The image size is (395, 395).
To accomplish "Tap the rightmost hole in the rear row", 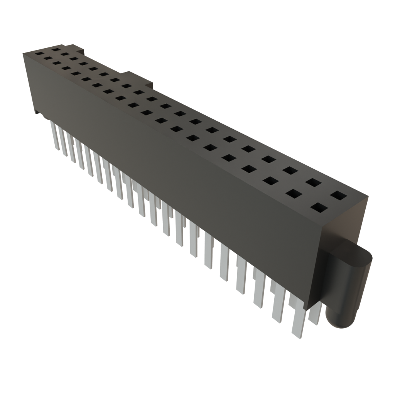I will (x=338, y=196).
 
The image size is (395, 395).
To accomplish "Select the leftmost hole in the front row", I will (x=39, y=54).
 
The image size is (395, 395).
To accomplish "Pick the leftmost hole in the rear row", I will (x=56, y=49).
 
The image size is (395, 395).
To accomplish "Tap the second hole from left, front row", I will (x=48, y=58).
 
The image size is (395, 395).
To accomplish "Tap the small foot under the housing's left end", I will (x=36, y=111).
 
